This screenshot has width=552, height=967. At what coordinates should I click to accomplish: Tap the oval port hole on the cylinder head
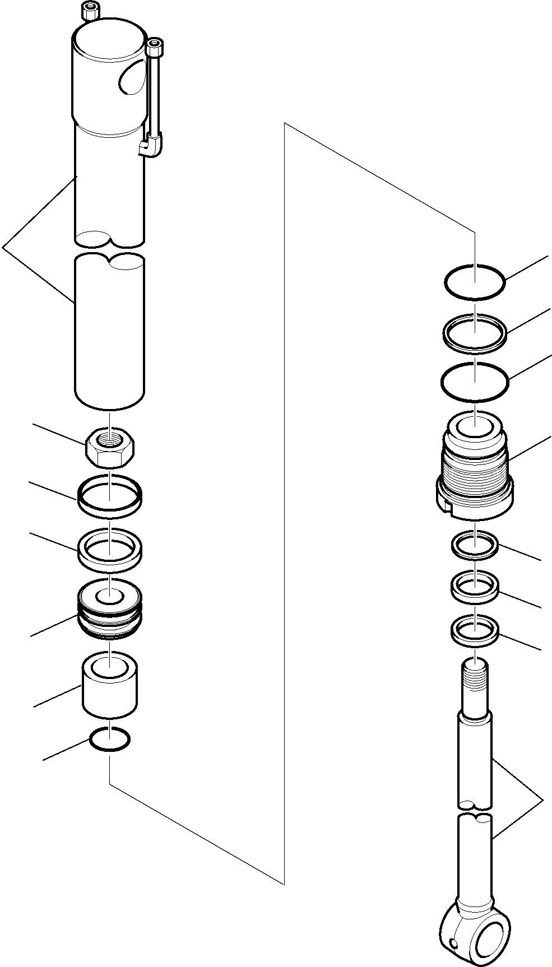click(131, 77)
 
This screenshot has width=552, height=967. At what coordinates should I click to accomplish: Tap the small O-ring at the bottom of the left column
click(110, 740)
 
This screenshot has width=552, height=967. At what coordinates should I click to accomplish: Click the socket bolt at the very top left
click(90, 10)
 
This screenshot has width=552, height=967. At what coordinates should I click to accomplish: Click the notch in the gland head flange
click(447, 507)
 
